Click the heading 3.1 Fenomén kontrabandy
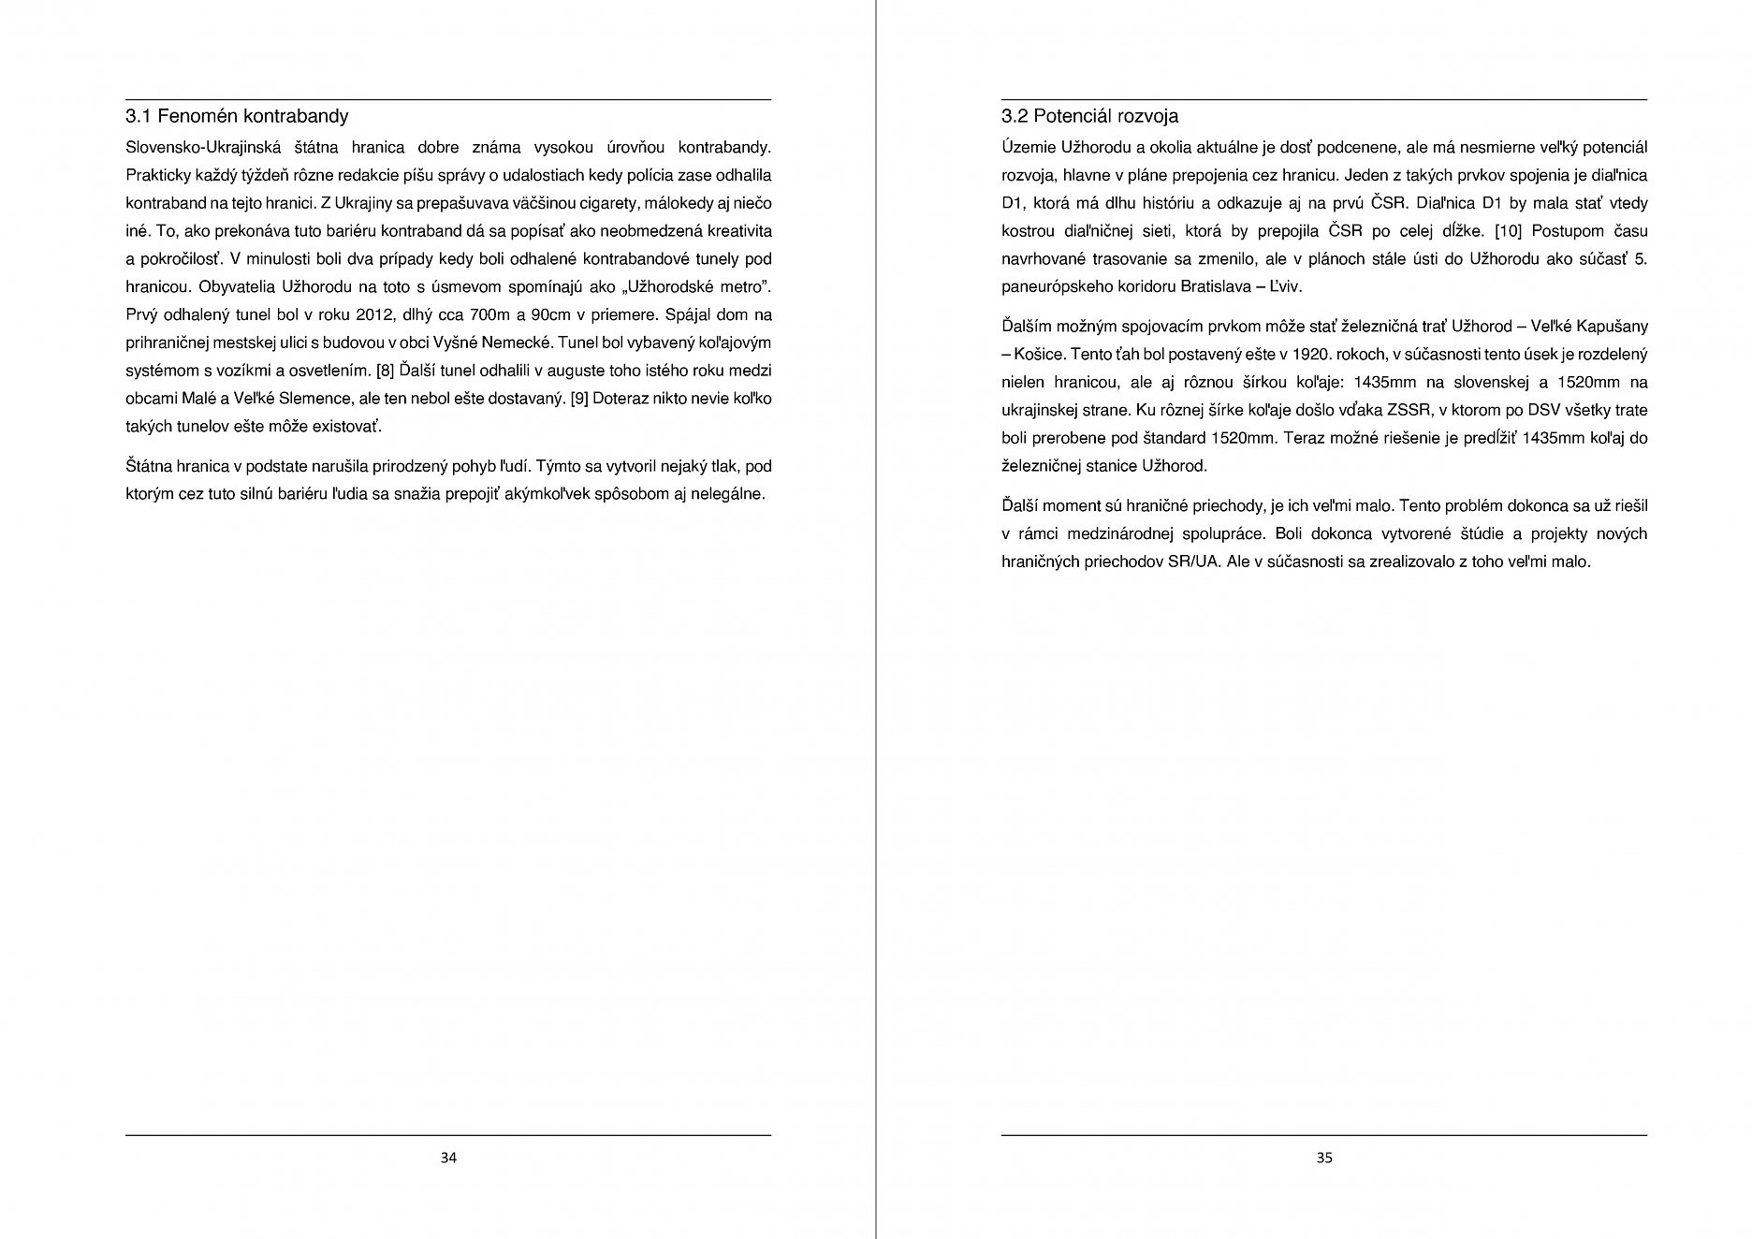coord(237,117)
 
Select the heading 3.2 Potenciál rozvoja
coord(1089,117)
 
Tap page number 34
coord(448,1158)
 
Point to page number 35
coord(1324,1158)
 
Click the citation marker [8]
coord(386,371)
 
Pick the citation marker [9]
coord(578,399)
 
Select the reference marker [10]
coord(1509,231)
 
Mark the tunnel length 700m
coord(490,314)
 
